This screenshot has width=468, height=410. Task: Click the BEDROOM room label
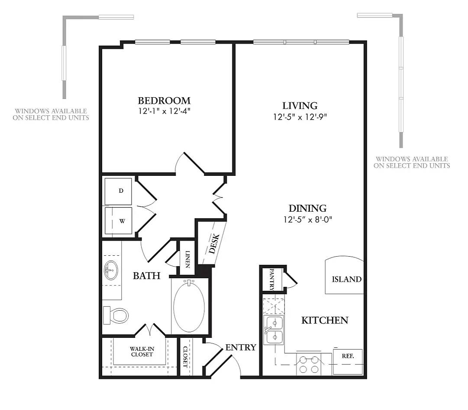point(164,101)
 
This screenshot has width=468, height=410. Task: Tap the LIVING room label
point(300,105)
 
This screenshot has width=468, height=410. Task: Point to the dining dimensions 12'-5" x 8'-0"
point(308,219)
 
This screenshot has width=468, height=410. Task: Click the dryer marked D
point(118,191)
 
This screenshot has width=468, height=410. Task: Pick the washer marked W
point(118,221)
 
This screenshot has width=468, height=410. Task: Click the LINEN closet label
point(187,260)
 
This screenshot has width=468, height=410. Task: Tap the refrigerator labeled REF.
point(348,361)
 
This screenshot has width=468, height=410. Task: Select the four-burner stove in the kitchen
point(308,364)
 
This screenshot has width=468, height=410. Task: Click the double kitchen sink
point(274,330)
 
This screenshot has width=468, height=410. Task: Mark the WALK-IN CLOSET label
point(142,351)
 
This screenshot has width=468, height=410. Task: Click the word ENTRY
point(241,347)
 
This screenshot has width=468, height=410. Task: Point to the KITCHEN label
point(325,320)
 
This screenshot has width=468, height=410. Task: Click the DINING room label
point(308,208)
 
